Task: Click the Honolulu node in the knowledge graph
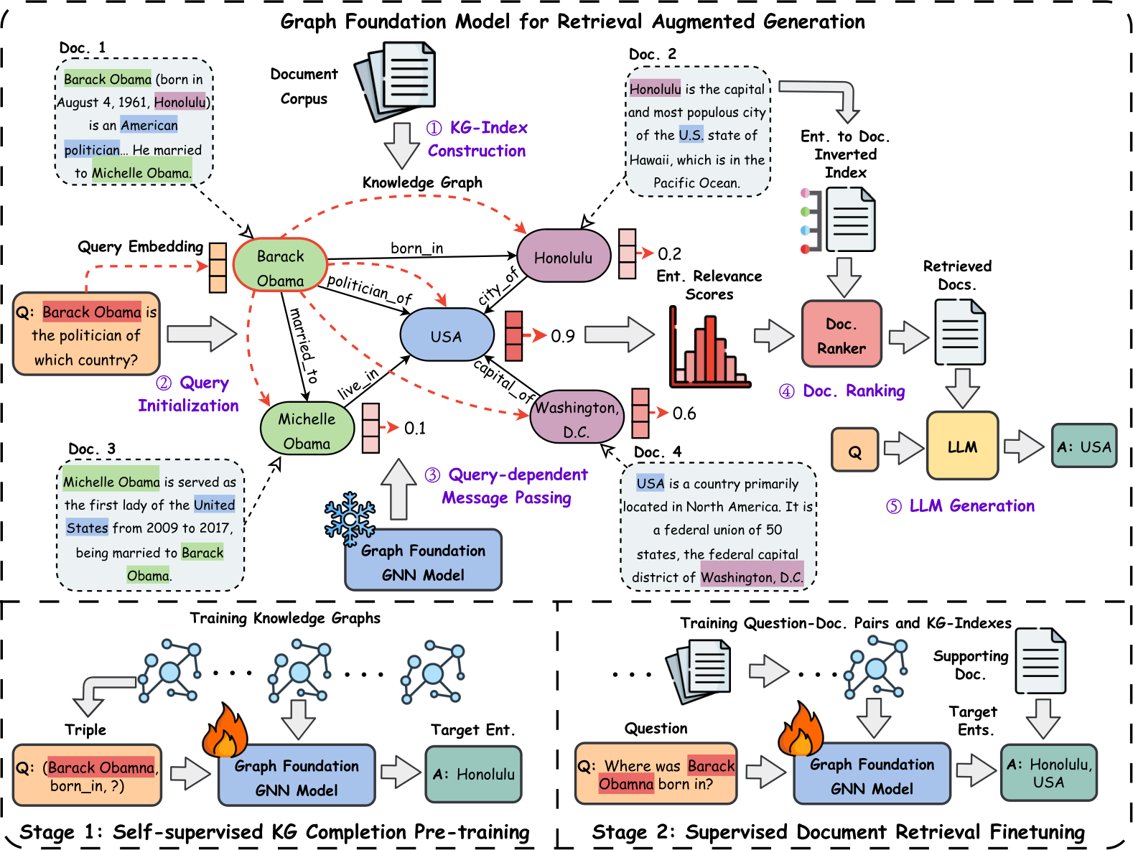coord(564,257)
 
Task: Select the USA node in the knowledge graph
coord(447,335)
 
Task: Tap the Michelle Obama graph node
coord(307,431)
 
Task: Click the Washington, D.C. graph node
coord(577,419)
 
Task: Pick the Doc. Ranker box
coord(841,335)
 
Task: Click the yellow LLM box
coord(962,447)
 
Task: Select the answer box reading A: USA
coord(1083,447)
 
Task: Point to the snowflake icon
coord(350,518)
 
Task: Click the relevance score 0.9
coord(563,336)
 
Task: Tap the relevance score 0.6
coord(684,414)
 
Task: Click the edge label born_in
coord(416,248)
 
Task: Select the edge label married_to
coord(303,345)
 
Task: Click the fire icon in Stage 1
coord(224,731)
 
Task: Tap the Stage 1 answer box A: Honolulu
coord(474,775)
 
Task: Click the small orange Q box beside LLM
coord(854,451)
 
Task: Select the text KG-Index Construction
coord(477,139)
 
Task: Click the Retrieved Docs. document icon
coord(960,332)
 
